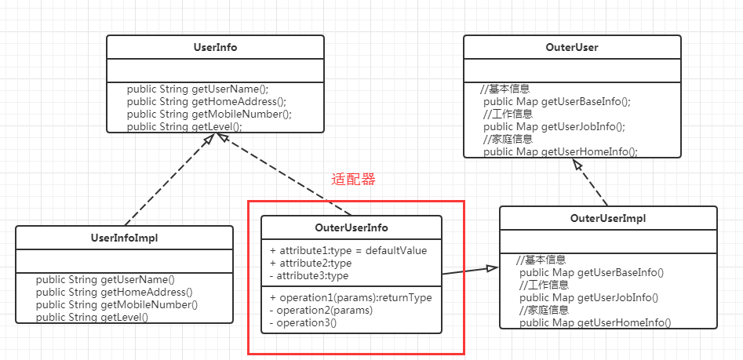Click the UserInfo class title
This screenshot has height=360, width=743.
(x=214, y=47)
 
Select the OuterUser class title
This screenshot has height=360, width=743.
(x=571, y=47)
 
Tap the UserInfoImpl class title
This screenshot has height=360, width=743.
(x=124, y=238)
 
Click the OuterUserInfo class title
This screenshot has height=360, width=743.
(x=351, y=227)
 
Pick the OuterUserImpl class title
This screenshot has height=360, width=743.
(x=608, y=218)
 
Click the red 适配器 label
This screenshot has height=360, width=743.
(x=353, y=179)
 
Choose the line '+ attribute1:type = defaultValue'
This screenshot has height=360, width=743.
(x=348, y=250)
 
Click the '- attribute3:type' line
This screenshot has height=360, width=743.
(x=308, y=275)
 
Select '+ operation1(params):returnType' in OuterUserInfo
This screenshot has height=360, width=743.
(x=350, y=297)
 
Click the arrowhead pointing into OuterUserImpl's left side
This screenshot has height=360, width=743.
(x=492, y=269)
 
